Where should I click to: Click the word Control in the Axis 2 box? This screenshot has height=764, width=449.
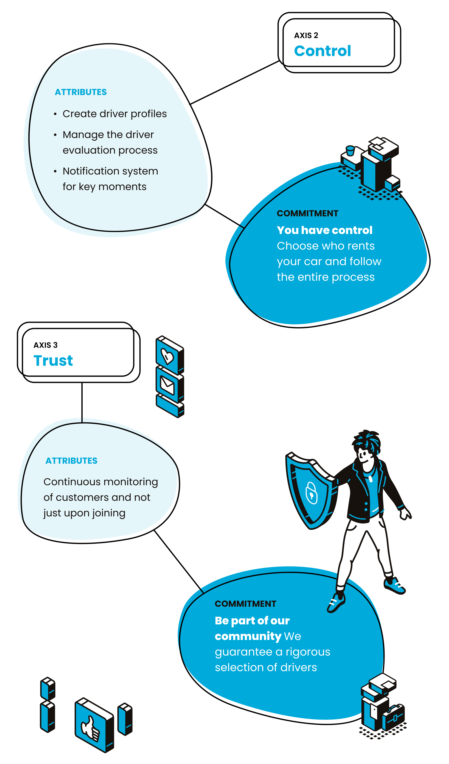(x=323, y=51)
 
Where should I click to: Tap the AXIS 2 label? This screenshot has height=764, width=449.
(x=306, y=36)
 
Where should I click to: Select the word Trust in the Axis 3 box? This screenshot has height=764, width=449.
(x=53, y=361)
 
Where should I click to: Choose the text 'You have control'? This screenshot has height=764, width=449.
(x=324, y=230)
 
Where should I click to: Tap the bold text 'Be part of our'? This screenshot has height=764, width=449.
(x=252, y=621)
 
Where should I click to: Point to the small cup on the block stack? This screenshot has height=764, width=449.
(x=350, y=150)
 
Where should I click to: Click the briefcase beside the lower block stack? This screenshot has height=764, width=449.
(x=394, y=717)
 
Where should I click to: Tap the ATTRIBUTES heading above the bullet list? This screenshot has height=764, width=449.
(x=81, y=92)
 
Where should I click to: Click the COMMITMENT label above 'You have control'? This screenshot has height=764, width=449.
(x=307, y=213)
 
